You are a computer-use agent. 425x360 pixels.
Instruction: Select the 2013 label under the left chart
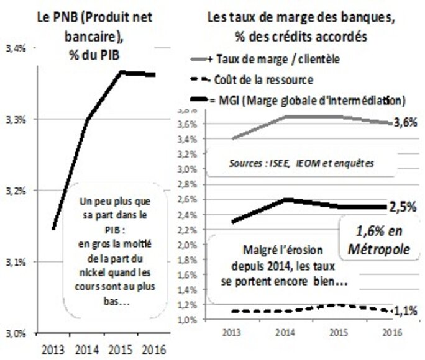pos(52,349)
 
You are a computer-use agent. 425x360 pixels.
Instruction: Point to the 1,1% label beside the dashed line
pos(404,310)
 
